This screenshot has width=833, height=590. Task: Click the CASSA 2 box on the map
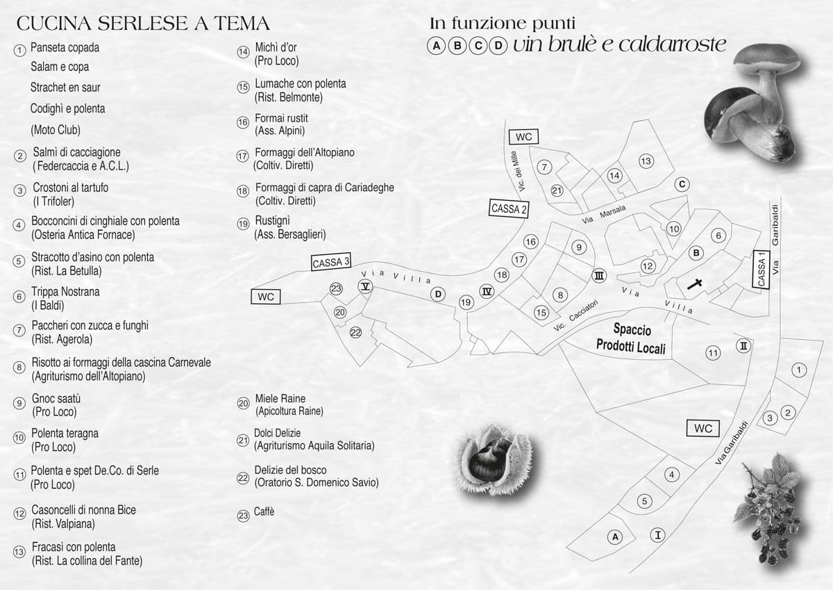[508, 208]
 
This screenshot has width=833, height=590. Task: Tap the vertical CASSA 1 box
[762, 269]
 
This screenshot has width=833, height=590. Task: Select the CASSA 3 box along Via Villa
[331, 262]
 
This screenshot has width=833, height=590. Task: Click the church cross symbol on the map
[694, 284]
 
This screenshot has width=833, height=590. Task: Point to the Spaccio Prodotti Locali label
[631, 338]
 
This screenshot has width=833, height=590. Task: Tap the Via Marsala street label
[604, 215]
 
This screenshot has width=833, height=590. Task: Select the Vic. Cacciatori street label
[575, 316]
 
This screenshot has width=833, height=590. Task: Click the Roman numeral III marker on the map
[598, 276]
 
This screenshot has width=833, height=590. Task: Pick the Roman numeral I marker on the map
[657, 535]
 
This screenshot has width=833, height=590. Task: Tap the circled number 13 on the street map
[646, 161]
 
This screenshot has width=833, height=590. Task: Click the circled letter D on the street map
[438, 295]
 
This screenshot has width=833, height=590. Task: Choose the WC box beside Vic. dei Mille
[523, 137]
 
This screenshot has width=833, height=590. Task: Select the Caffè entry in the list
[264, 512]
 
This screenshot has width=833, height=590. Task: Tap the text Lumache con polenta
[300, 84]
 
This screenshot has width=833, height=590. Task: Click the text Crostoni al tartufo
[71, 187]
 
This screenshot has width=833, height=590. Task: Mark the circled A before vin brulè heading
[437, 46]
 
